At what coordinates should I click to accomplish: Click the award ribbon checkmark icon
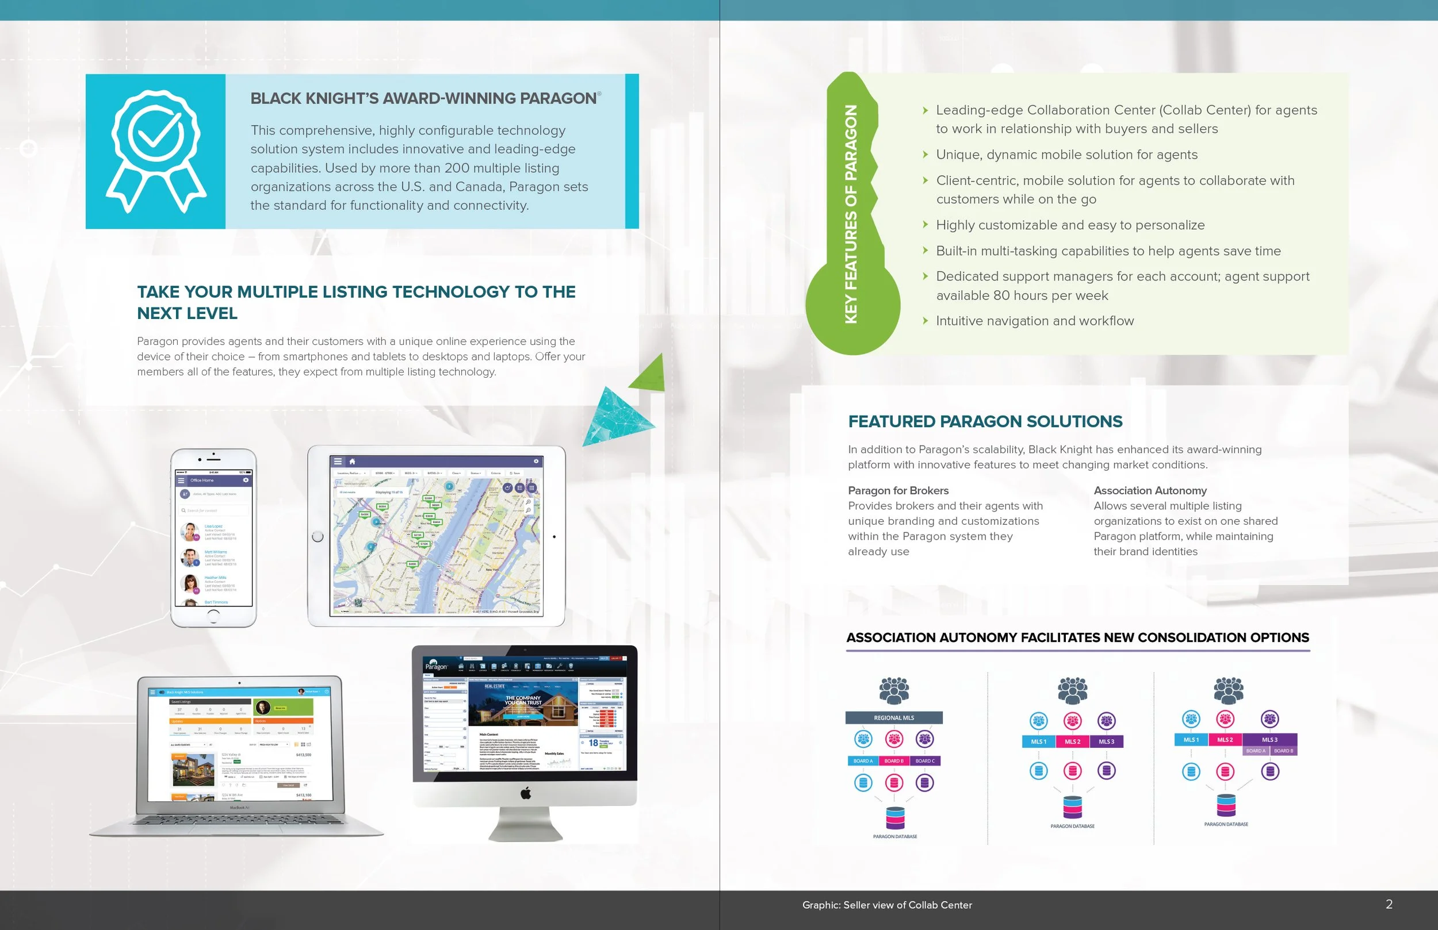(x=156, y=151)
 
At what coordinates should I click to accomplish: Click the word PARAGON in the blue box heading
(x=558, y=98)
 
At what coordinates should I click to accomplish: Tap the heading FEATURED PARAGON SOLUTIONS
(x=985, y=421)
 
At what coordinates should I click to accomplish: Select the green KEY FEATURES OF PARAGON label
(x=851, y=214)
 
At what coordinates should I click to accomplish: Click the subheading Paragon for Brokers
(x=898, y=490)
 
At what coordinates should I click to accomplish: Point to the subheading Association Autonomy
(x=1150, y=490)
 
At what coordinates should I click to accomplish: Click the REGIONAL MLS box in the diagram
(x=894, y=718)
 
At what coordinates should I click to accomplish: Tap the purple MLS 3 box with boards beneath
(x=1269, y=740)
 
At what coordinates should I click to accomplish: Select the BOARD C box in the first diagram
(x=924, y=761)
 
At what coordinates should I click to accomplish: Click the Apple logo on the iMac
(x=526, y=793)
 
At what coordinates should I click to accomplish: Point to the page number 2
(x=1389, y=904)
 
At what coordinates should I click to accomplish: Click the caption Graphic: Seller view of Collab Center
(x=887, y=905)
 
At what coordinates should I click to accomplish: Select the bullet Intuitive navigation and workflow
(x=1034, y=321)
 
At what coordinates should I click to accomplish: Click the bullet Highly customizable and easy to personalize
(x=1070, y=225)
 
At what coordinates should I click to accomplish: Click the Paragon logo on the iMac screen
(x=436, y=667)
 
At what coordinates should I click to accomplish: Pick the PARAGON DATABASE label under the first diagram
(x=895, y=836)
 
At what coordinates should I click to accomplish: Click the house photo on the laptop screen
(x=193, y=770)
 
